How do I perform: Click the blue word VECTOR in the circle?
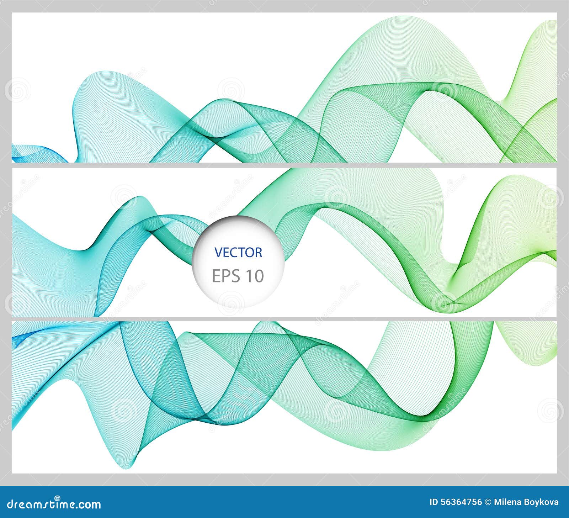(x=238, y=252)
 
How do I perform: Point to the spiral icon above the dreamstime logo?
(x=57, y=498)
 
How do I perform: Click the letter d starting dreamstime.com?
(x=10, y=504)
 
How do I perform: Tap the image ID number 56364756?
(x=461, y=502)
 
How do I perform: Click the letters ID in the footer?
(x=434, y=502)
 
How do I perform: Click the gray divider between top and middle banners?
(x=284, y=165)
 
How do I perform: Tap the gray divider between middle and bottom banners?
(x=284, y=319)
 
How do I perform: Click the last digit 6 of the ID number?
(x=479, y=502)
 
